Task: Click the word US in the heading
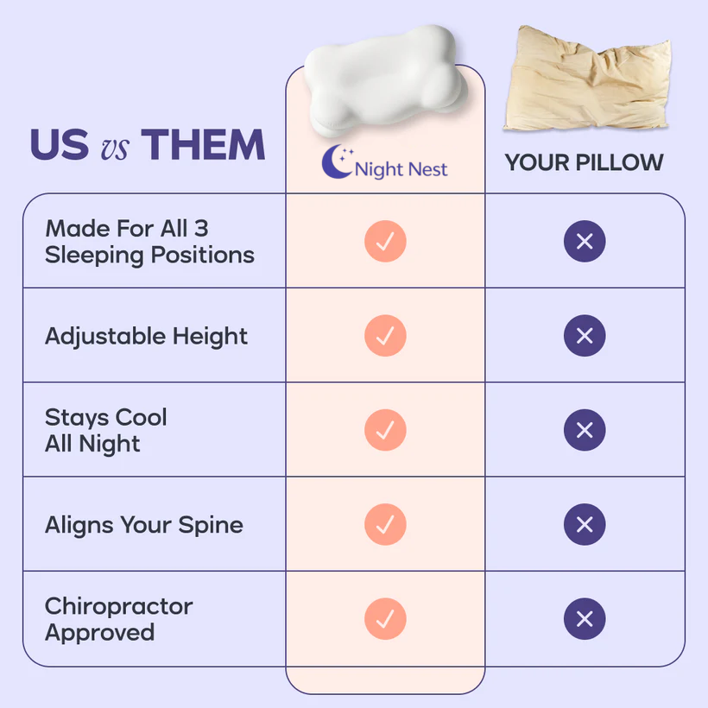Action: point(59,146)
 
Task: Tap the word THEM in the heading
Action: point(203,146)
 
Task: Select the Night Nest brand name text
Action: point(401,169)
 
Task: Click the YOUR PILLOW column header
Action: point(584,162)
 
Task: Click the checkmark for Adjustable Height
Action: point(385,336)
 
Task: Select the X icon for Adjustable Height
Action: point(585,336)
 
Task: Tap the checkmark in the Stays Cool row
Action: point(385,430)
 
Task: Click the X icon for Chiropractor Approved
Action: point(585,619)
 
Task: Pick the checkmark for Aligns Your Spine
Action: point(385,524)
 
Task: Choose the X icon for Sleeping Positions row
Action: point(585,242)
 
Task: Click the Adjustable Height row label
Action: point(146,336)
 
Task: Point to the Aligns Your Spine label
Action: point(143,525)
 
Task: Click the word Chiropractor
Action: point(118,606)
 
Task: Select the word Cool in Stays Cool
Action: point(141,418)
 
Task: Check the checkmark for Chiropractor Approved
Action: point(385,619)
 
